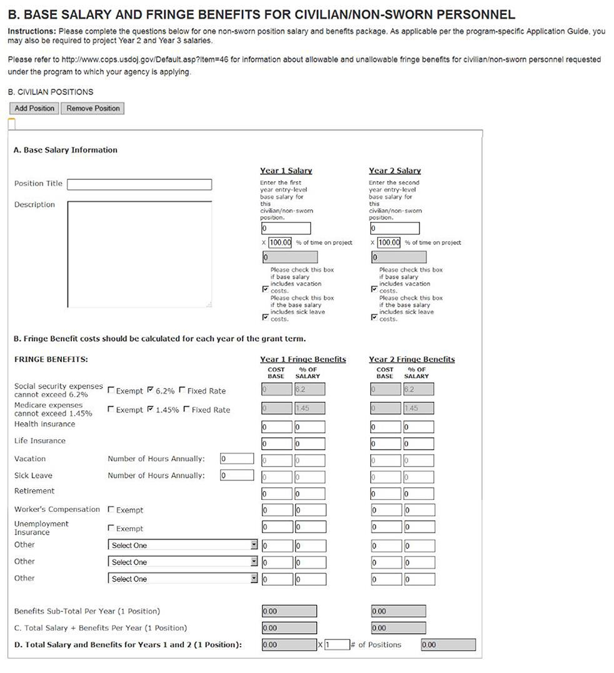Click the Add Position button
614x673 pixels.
point(34,108)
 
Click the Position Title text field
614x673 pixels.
point(139,184)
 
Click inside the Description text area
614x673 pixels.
point(139,254)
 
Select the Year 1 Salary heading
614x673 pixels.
point(286,171)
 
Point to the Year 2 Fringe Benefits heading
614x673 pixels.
point(411,359)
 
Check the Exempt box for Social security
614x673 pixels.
point(111,391)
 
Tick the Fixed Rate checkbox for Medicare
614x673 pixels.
point(186,410)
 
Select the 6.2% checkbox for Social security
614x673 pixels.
point(150,391)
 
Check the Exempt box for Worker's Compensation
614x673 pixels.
point(111,510)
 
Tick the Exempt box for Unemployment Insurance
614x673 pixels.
point(111,529)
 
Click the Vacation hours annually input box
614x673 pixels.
point(237,459)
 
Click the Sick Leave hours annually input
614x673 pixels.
point(237,476)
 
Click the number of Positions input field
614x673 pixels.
point(336,645)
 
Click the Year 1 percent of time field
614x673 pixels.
point(281,242)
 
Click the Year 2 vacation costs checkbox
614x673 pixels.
point(375,289)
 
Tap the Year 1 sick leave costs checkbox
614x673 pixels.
point(266,317)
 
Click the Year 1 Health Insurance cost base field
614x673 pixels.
point(276,427)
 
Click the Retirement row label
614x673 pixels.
point(34,491)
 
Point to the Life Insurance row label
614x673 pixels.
point(39,441)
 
